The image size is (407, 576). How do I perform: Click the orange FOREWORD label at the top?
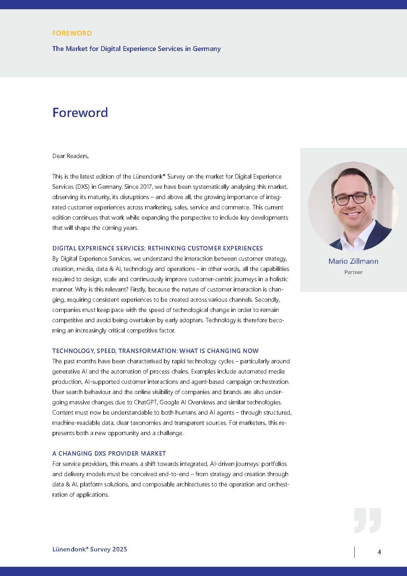[x=72, y=33]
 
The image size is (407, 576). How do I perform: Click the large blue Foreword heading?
[x=80, y=113]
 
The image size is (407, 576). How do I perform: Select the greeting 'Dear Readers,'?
[x=70, y=156]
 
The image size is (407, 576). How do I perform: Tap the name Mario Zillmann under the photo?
[x=353, y=261]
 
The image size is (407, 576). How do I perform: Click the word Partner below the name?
[x=353, y=272]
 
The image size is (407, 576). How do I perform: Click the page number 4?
[x=379, y=552]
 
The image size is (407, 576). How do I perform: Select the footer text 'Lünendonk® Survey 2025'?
[x=90, y=549]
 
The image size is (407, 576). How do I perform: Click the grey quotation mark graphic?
[x=367, y=520]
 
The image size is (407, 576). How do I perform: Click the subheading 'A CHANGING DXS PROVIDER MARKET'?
[x=109, y=454]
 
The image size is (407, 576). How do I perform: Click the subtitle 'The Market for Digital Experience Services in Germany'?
[x=136, y=49]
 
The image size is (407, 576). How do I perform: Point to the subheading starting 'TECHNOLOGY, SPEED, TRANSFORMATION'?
[x=155, y=351]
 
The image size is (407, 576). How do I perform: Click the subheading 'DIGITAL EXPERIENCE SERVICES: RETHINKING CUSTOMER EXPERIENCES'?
[x=158, y=248]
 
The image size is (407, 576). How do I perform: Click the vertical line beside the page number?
[x=354, y=552]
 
